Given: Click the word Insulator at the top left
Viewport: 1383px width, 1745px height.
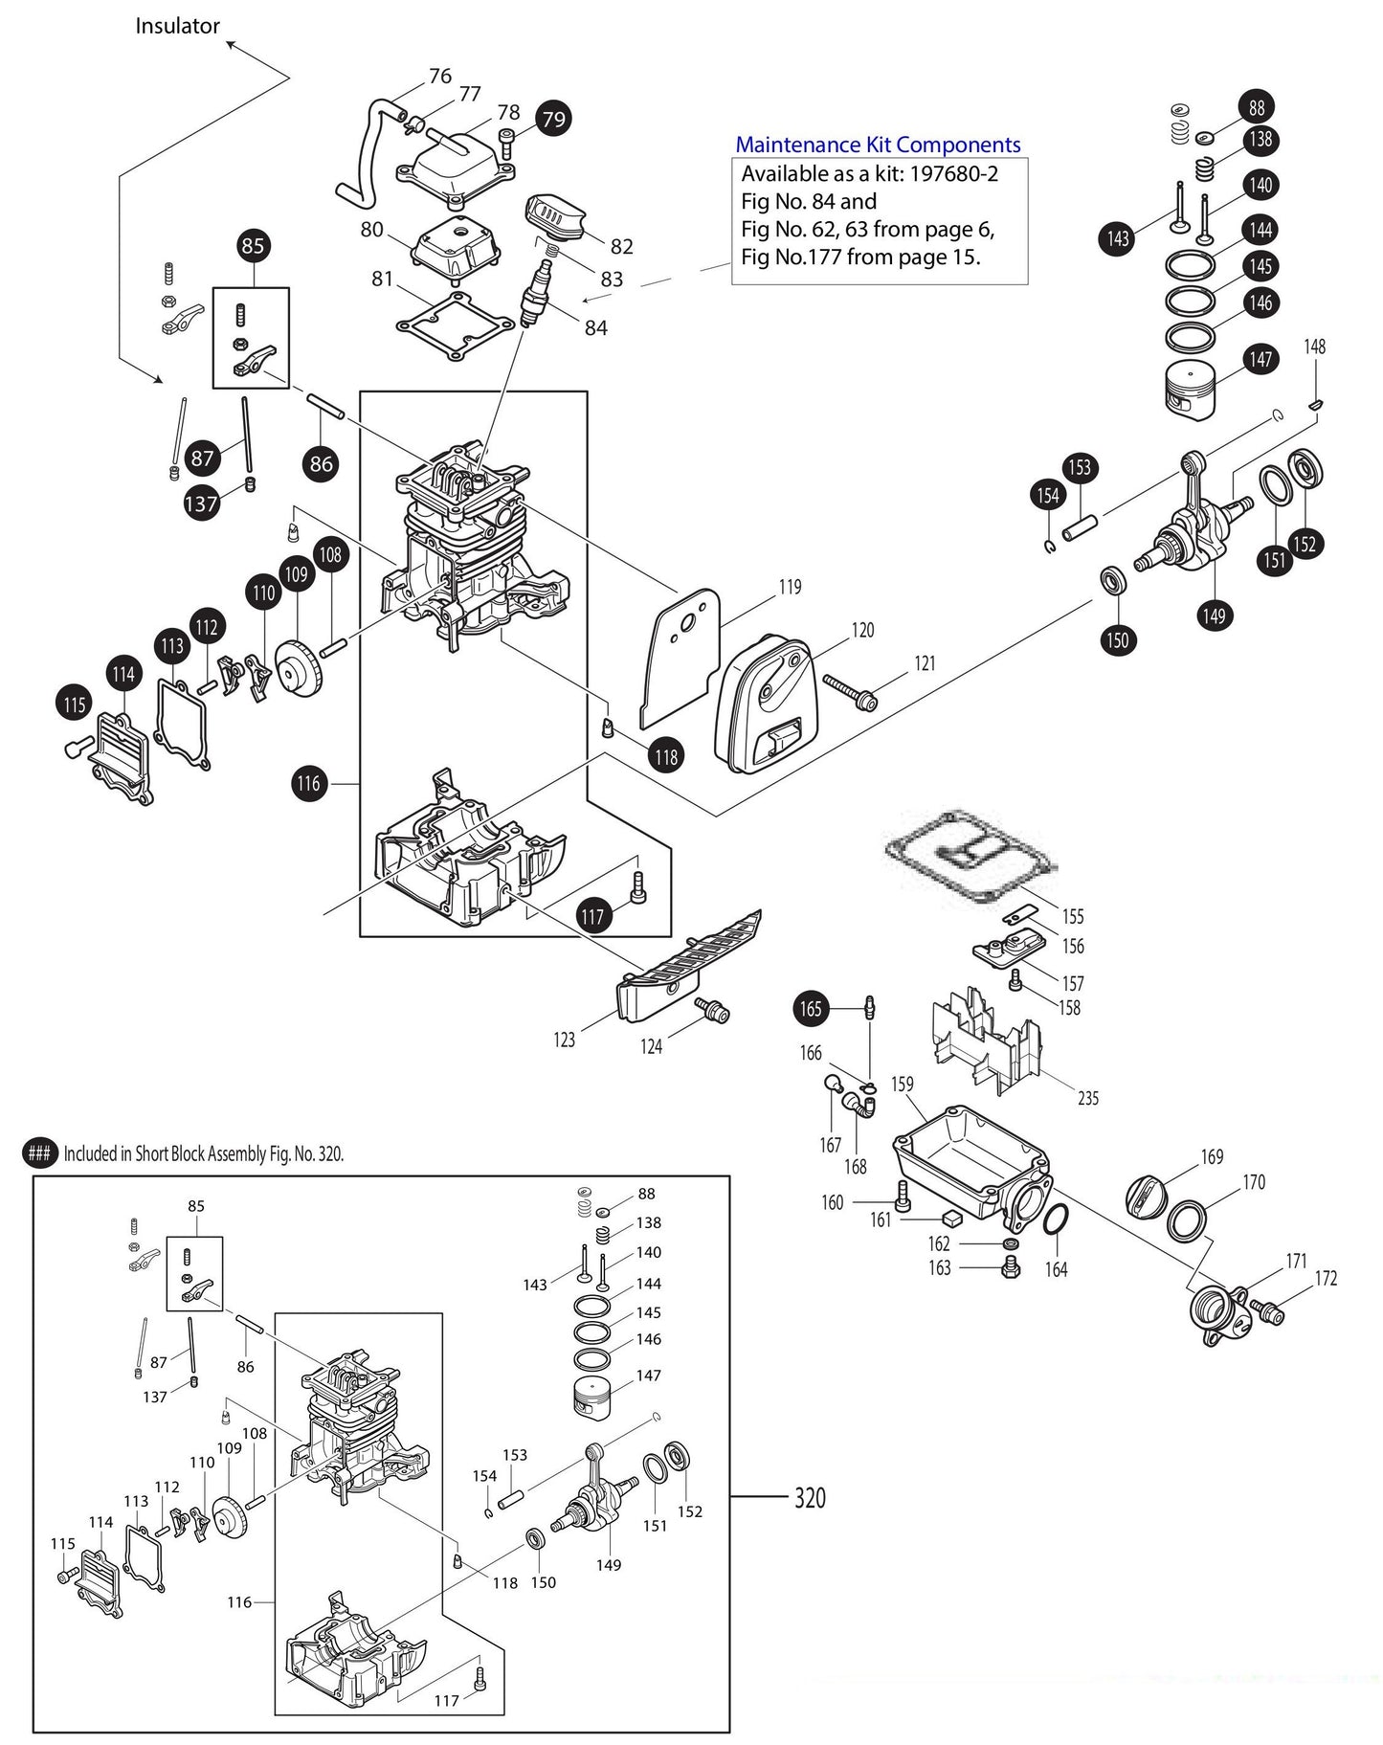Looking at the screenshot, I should (177, 26).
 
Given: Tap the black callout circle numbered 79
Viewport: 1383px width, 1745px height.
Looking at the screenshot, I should (554, 119).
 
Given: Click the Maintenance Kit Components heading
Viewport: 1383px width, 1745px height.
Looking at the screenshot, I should (877, 145).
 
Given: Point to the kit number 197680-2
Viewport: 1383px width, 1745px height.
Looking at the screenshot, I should (953, 174).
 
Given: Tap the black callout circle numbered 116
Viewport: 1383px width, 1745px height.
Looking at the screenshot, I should (308, 783).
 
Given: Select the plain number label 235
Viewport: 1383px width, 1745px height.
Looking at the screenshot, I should (1088, 1098).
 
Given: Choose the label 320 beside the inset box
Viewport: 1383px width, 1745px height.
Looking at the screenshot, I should (810, 1497).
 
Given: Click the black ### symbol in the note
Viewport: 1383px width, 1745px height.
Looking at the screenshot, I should (39, 1153).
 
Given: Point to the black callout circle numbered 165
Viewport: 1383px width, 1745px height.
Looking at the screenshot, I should (811, 1008).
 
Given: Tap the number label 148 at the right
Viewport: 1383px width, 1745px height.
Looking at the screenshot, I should (1315, 346).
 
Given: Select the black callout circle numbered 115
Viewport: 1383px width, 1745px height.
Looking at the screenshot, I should (75, 705).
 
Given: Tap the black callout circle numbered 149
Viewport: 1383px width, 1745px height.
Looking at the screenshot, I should (1214, 615).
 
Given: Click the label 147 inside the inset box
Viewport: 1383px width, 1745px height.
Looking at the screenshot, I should (649, 1376).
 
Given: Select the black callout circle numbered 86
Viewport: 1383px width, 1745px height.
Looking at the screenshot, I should (322, 464).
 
